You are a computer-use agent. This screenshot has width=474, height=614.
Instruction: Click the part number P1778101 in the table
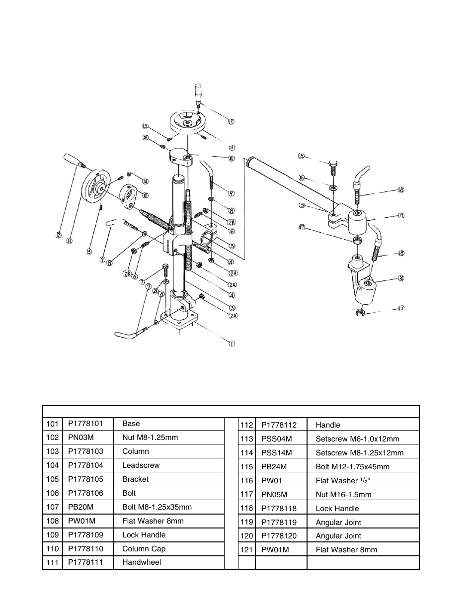pos(85,424)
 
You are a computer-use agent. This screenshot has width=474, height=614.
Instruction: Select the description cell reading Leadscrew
pos(141,465)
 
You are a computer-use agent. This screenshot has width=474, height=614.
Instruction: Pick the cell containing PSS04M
pos(277,439)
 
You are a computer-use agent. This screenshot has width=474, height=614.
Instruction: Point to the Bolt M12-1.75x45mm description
pos(352,467)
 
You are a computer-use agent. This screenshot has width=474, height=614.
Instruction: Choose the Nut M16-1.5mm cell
pos(343,495)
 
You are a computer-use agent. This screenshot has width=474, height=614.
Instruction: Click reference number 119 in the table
pos(247,523)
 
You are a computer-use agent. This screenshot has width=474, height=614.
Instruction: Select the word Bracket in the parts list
pos(135,479)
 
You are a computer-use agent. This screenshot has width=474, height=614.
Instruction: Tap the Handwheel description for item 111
pos(142,562)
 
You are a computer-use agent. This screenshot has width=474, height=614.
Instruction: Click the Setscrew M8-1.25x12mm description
pos(359,453)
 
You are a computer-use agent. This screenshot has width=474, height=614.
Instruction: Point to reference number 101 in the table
pos(52,424)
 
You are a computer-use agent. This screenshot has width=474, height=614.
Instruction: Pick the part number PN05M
pos(274,495)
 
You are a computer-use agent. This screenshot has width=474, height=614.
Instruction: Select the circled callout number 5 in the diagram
pos(232,246)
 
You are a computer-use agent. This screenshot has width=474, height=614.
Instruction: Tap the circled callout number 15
pos(301,156)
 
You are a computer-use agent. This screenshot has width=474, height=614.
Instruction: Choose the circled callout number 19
pos(401,216)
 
